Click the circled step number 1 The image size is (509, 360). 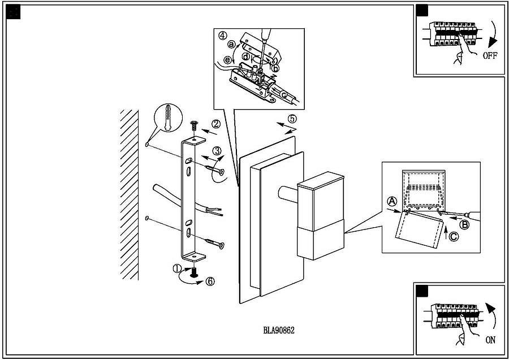pos(178,268)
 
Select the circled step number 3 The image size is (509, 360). pos(217,151)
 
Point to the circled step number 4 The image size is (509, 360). pos(223,35)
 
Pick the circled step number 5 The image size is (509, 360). pos(292,119)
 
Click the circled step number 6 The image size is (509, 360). pos(210,281)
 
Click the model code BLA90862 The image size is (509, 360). pos(279,331)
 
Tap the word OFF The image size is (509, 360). pos(490,56)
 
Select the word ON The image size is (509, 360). pos(490,341)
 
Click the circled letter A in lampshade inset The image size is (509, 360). pos(391,201)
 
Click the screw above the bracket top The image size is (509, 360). pos(195,125)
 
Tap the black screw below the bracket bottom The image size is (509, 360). pos(195,272)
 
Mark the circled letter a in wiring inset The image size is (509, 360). pos(231,45)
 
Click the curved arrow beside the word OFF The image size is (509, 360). pos(493,35)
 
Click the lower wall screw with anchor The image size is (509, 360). pos(213,244)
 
